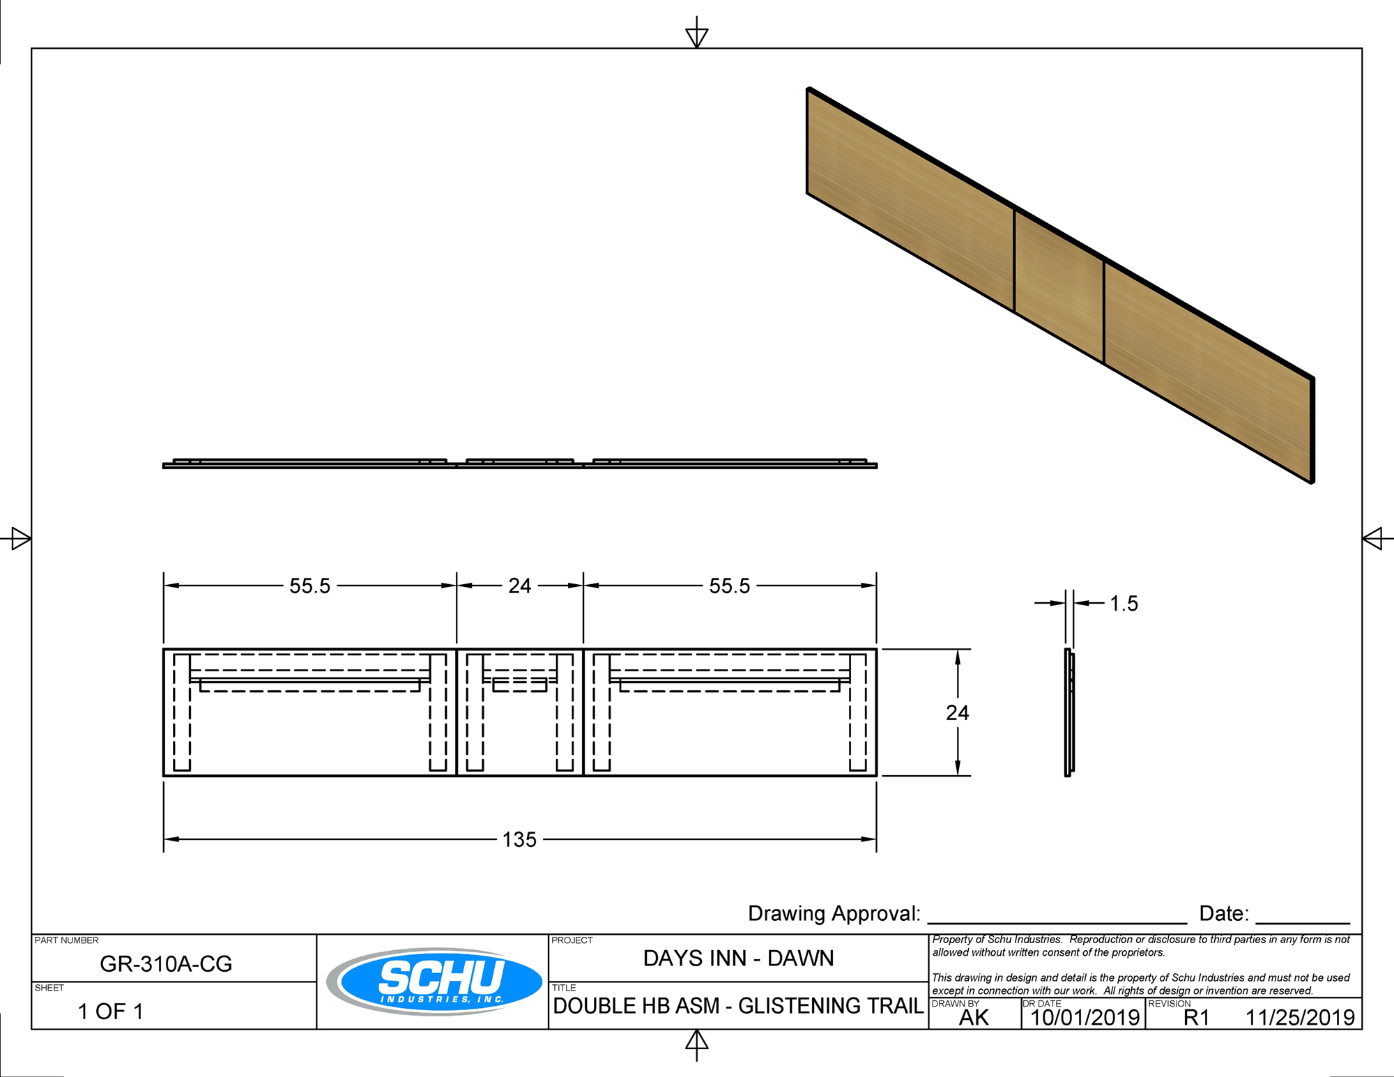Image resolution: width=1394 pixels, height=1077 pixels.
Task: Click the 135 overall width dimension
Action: (519, 839)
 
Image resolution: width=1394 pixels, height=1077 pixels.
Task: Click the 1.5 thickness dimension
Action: (1123, 604)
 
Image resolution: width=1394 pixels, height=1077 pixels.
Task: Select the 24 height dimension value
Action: (957, 712)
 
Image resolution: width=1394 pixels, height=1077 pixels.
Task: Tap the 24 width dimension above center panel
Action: (519, 586)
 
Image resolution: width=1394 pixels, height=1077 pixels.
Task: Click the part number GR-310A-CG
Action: (166, 963)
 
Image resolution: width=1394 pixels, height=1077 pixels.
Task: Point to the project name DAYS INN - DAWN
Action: (738, 958)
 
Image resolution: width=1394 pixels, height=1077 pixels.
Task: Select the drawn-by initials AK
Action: (974, 1018)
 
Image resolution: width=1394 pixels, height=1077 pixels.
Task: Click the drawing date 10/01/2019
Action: (1085, 1018)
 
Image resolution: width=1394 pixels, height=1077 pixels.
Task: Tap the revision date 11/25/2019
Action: (1300, 1018)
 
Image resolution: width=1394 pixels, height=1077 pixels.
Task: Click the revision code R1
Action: (1196, 1018)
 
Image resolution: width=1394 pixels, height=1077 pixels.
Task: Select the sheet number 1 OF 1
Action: (110, 1011)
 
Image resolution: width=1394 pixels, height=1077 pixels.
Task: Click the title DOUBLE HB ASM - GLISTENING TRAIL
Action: (738, 1006)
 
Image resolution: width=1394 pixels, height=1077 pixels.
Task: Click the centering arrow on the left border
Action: (19, 538)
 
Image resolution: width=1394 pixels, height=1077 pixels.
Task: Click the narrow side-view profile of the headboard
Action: (1069, 712)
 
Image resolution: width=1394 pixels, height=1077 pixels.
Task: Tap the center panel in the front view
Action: (519, 732)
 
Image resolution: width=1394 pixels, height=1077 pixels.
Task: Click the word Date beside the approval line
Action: (1223, 914)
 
